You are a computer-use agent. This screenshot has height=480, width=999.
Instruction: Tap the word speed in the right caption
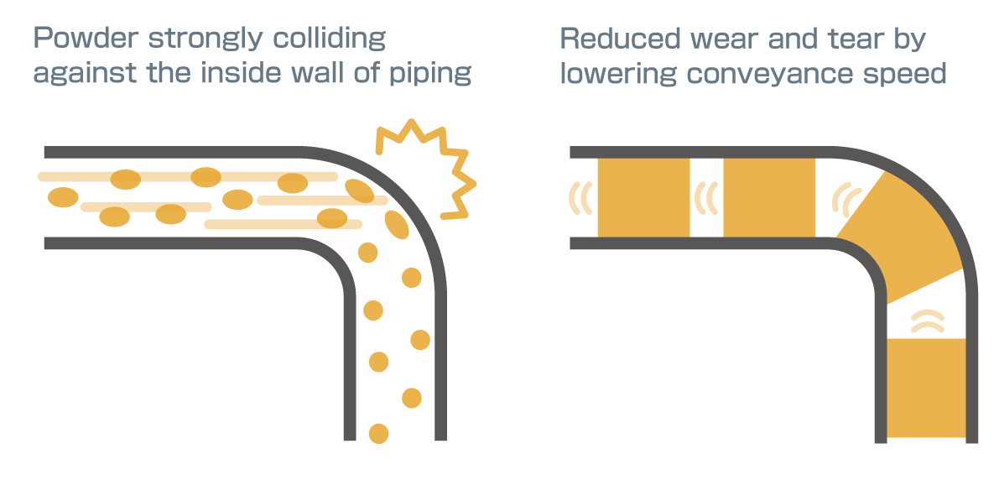point(907,74)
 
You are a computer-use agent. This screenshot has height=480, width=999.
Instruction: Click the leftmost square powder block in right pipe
point(643,197)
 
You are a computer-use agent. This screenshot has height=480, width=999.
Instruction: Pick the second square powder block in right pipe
point(769,197)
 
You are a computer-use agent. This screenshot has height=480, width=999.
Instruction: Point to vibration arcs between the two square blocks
point(706,198)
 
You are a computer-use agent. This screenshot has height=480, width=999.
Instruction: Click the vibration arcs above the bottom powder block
point(928,321)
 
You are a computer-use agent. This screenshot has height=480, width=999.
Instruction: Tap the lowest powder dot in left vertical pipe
point(379,434)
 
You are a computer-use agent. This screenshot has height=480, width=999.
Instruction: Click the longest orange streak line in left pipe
point(188,177)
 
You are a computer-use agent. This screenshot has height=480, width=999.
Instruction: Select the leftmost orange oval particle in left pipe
point(63,198)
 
